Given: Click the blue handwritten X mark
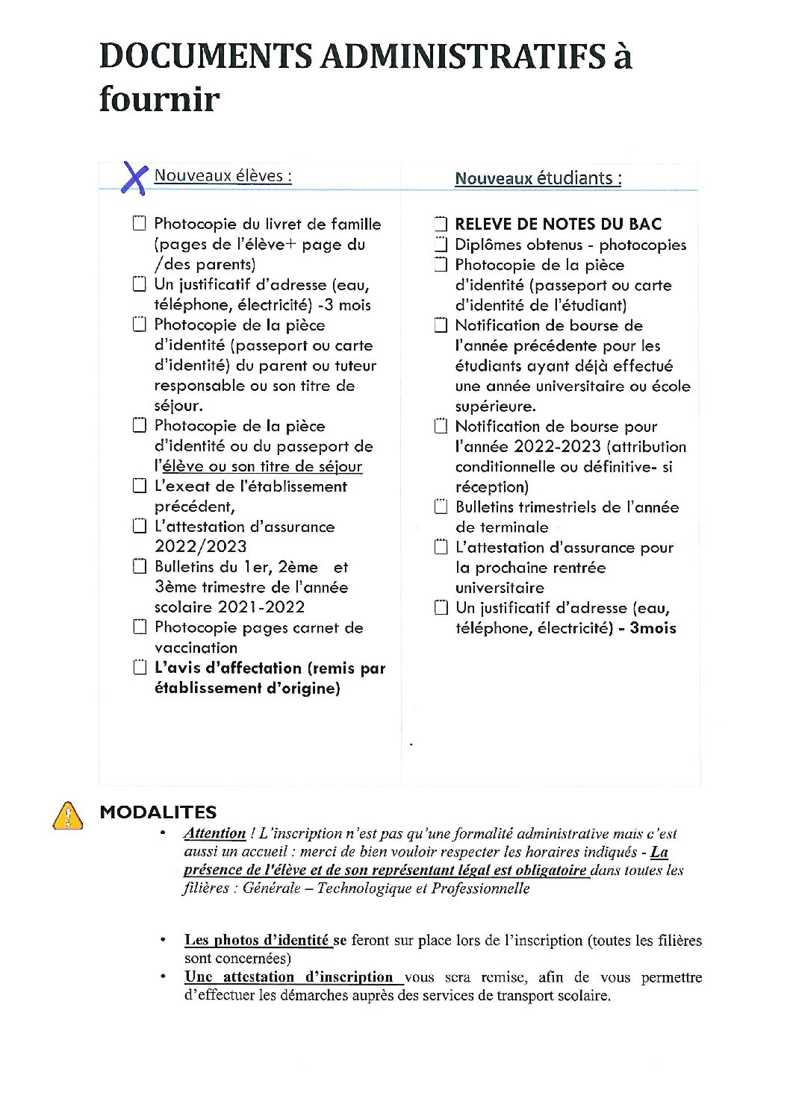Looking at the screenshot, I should coord(133,178).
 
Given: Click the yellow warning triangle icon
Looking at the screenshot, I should coord(66,815).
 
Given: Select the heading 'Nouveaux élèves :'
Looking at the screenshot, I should coord(223,176).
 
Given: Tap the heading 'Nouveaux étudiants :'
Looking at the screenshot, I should coord(538,178).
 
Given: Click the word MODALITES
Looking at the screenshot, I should coord(158,812).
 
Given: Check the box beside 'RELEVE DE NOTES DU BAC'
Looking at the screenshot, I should coord(441,224).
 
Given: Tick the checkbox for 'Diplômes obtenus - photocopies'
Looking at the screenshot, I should coord(441,244).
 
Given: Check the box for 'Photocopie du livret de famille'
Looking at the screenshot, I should coord(139,223).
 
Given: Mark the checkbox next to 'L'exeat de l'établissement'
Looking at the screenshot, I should coord(139,486).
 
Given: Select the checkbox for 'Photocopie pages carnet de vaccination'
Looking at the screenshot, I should coord(139,627).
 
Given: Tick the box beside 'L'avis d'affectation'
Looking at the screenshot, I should coord(139,667).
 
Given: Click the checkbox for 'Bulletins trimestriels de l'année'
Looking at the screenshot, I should coord(441,507).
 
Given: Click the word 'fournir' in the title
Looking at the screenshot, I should coord(159,99).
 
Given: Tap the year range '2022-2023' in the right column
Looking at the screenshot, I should coord(557,446).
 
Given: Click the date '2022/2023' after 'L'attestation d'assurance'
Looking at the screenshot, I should coord(200,546).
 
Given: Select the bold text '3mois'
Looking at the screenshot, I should coord(653,627).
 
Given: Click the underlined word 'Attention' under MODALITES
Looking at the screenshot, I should coord(215,833).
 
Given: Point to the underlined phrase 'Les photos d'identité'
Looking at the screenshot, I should coord(257,940).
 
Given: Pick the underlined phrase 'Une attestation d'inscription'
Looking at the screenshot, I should coord(288,976).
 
